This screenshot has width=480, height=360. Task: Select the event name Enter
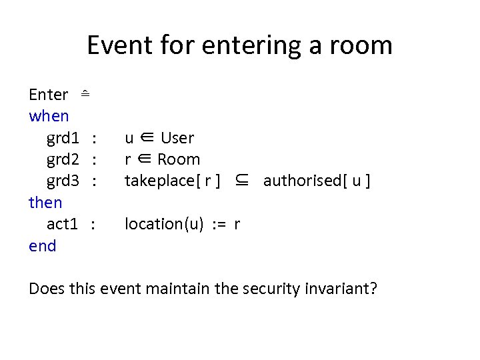pos(48,95)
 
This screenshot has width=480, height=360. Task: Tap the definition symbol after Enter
pos(85,94)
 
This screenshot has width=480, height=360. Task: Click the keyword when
pos(49,116)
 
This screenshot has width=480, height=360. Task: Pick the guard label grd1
pos(63,138)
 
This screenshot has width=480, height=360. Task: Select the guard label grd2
pos(63,159)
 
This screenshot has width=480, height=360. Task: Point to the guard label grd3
pos(63,181)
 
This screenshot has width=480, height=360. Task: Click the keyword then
pos(45,203)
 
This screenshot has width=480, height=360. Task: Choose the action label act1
pos(63,224)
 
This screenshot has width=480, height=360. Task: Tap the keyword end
pos(43,246)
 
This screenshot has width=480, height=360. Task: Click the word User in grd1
pos(177,138)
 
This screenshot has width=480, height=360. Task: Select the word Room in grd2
pos(179,159)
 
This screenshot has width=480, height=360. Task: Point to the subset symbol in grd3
pos(243,181)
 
